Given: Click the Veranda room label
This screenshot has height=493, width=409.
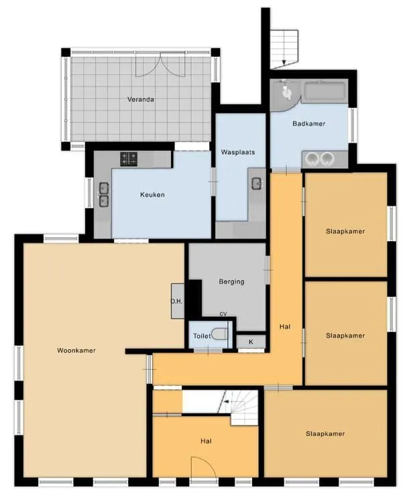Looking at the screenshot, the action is click(141, 99).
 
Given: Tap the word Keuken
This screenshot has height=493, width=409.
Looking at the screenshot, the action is click(152, 195).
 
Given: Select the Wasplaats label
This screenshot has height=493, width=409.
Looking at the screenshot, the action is click(238, 152).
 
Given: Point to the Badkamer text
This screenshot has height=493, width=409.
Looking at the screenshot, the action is click(308, 123).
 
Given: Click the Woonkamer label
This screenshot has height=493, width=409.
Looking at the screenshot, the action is click(76, 350).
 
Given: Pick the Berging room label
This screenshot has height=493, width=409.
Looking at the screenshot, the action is click(231, 282).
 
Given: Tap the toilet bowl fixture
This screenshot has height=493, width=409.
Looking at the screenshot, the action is click(219, 334).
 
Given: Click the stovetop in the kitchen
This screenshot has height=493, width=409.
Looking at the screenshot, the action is click(129, 159).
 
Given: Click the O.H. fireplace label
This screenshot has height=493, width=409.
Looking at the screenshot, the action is click(176, 301).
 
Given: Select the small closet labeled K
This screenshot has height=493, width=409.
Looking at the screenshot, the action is click(251, 342).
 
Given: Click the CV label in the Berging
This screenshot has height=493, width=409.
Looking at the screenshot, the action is click(223, 313).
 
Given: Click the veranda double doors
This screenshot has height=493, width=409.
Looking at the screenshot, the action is click(160, 65).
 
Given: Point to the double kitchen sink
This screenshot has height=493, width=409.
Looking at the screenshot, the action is click(104, 195).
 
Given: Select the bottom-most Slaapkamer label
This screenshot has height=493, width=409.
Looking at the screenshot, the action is click(325, 433).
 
